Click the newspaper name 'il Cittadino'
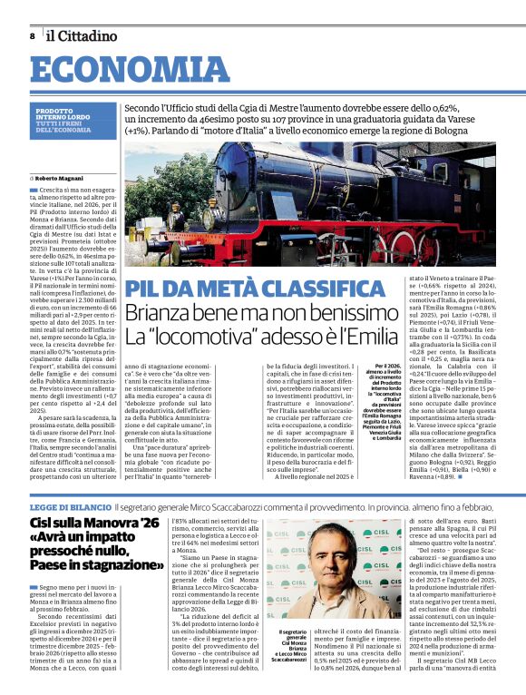pyautogui.click(x=82, y=35)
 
